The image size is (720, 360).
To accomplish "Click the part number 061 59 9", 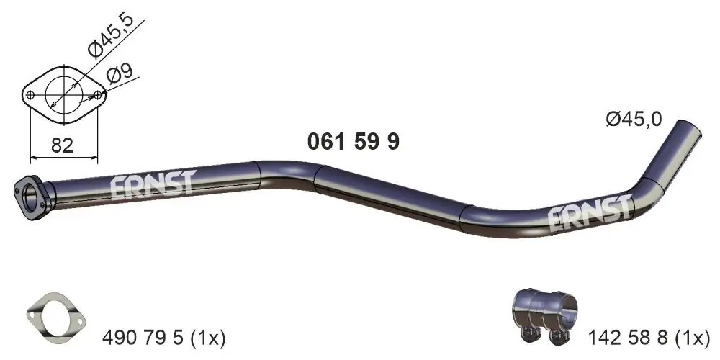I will tap(353, 143).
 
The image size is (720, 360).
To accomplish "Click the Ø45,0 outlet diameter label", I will tap(633, 120).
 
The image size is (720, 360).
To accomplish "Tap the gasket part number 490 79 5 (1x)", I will tap(164, 336).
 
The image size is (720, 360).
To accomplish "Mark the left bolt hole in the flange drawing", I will tap(30, 95).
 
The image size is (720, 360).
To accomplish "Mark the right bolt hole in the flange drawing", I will tap(97, 94).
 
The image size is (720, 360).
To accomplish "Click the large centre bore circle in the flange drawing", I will tap(63, 94).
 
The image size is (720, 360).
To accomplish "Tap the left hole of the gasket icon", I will tap(35, 311).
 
